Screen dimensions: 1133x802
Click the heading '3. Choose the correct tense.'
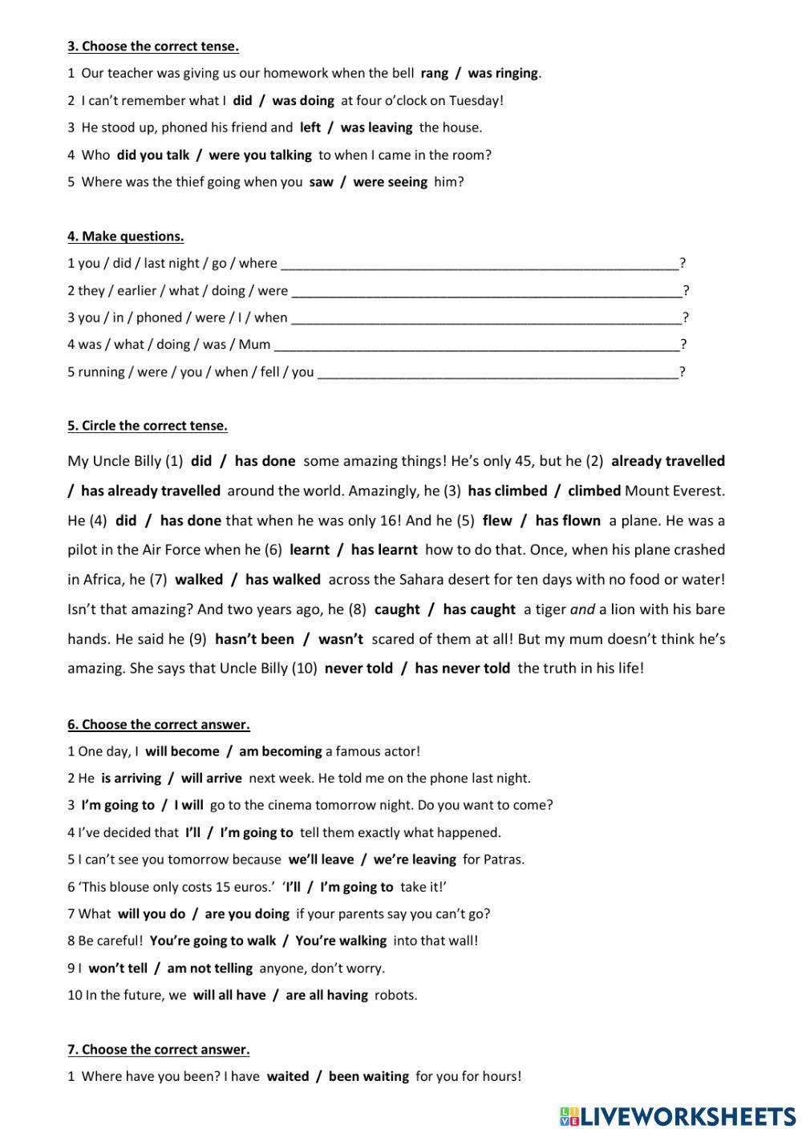[x=153, y=46]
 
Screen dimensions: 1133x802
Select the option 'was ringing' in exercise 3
[x=503, y=73]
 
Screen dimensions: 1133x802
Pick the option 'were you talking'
[x=260, y=155]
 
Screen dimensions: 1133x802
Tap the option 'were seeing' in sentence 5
[x=390, y=182]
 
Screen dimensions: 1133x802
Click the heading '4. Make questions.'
[x=126, y=236]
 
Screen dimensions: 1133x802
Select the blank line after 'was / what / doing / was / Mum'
[x=476, y=346]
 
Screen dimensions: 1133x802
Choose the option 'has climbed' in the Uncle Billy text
[x=507, y=491]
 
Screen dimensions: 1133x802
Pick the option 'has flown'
[x=568, y=520]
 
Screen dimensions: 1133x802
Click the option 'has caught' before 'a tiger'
[x=479, y=609]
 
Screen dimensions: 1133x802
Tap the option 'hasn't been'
[x=254, y=639]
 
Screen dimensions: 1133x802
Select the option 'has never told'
[x=462, y=668]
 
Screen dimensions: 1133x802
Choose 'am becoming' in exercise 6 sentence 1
[x=280, y=751]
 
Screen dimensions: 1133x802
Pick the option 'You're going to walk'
[x=213, y=941]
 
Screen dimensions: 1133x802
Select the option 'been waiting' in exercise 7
[x=368, y=1076]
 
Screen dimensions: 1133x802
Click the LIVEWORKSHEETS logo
[x=678, y=1115]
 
